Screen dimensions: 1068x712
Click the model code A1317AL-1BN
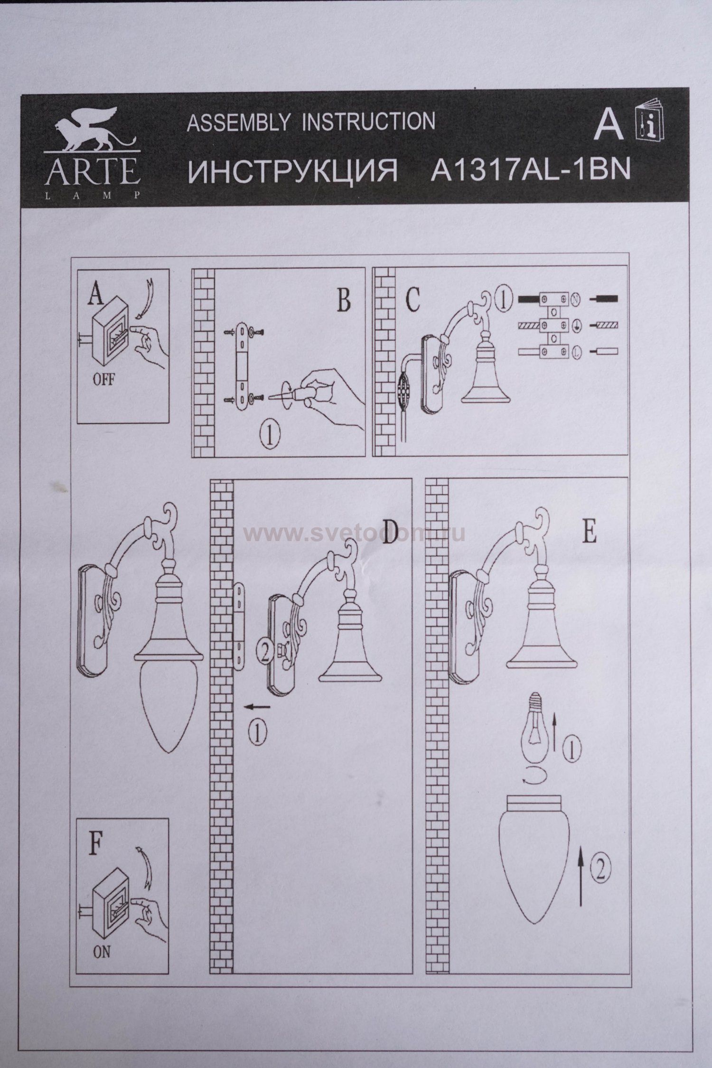[x=530, y=171]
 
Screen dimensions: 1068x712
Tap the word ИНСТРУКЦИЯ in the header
[x=292, y=171]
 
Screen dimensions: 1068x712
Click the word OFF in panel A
[x=103, y=379]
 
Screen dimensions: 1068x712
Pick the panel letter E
[x=589, y=533]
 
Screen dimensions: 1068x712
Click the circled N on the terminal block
[x=577, y=300]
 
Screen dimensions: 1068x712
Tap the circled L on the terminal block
[x=577, y=352]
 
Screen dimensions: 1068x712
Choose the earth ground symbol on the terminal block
[x=577, y=326]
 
